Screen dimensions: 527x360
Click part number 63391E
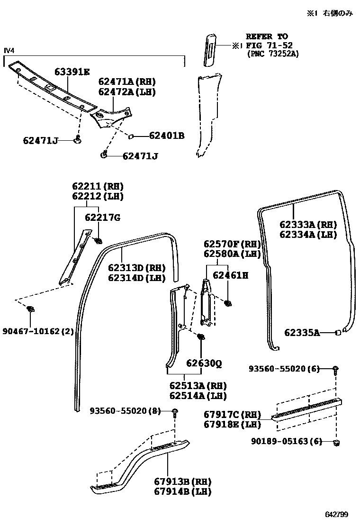72,72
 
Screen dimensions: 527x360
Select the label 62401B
166,136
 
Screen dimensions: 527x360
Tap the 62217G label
102,218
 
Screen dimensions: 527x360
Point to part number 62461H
230,275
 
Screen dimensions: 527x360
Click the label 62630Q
204,363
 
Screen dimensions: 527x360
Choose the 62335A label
302,333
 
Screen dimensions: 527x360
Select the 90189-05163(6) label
287,441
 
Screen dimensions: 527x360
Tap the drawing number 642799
337,514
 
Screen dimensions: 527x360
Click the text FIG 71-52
269,45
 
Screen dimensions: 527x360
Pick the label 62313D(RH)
137,267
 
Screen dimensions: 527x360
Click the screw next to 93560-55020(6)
335,369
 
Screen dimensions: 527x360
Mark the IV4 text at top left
9,51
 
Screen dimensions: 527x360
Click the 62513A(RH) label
198,385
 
